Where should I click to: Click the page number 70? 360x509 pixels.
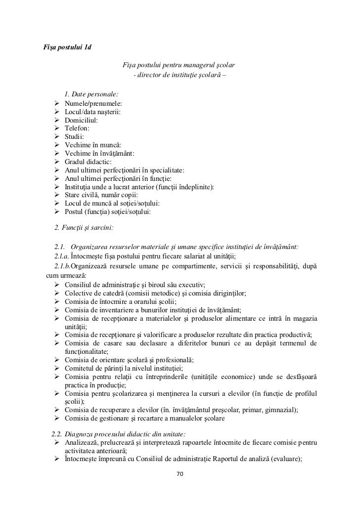coord(180,474)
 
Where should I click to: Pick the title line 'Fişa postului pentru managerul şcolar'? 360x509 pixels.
coord(179,65)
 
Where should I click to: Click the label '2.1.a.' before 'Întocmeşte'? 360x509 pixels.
coord(62,255)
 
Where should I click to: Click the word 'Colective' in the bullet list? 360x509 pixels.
coord(79,293)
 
